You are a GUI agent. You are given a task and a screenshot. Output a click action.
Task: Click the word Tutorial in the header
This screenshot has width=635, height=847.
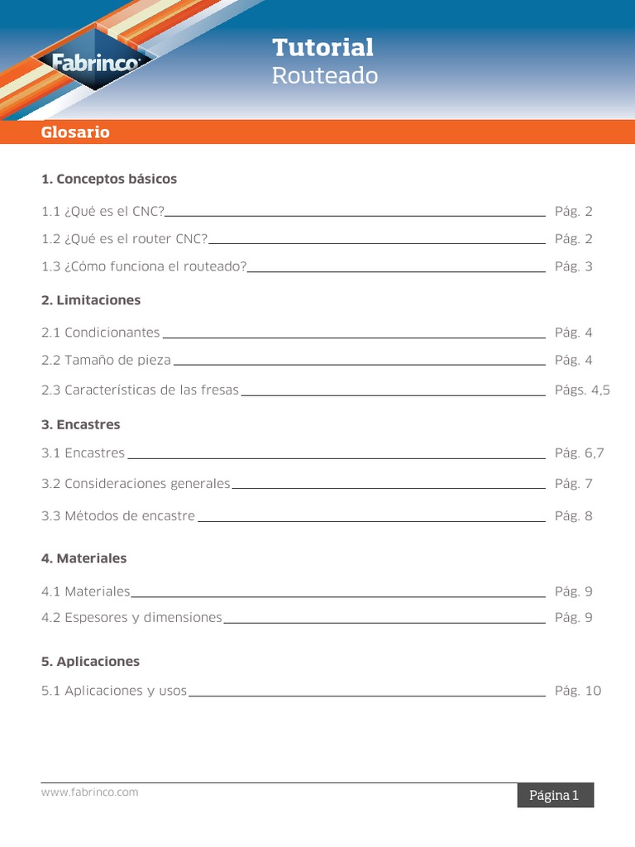tap(322, 47)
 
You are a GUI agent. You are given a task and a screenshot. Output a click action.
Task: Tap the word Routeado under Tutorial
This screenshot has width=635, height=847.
tap(325, 76)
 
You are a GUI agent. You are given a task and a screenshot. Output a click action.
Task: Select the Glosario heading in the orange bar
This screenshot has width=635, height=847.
tap(75, 132)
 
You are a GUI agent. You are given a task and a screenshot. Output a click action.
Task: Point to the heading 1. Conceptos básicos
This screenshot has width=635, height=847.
tap(109, 179)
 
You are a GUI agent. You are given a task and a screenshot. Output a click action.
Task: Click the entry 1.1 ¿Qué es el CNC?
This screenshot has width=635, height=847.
tap(103, 212)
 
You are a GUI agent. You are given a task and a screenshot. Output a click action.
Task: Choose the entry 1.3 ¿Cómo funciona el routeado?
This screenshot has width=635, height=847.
tap(144, 266)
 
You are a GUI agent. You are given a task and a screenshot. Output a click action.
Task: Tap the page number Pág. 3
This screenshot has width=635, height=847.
tap(574, 266)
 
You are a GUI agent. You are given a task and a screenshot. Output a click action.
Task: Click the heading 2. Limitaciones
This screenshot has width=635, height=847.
tap(91, 300)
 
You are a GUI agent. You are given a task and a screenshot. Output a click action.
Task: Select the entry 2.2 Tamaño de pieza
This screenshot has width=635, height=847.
tap(107, 361)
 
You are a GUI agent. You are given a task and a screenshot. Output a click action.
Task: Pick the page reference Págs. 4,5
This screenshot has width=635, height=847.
tap(582, 390)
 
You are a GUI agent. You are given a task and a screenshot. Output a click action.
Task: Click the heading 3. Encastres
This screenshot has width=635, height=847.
tap(81, 424)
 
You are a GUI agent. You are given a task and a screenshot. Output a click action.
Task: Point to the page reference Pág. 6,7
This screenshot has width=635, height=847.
tap(580, 453)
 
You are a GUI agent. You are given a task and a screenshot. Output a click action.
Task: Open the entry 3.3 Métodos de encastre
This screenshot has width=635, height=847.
tap(118, 516)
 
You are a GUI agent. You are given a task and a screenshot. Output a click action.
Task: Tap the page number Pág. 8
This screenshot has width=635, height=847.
tap(574, 516)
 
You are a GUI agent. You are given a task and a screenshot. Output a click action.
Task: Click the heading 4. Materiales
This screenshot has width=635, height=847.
tap(84, 558)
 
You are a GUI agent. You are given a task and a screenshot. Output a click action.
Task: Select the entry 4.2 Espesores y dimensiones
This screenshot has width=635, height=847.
tap(131, 618)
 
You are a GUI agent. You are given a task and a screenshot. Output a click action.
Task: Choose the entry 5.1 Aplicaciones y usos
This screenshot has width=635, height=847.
tap(114, 691)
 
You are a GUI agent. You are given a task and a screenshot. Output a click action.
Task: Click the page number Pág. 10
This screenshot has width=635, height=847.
tap(578, 691)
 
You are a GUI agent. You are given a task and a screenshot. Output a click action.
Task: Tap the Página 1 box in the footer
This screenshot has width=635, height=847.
tap(553, 796)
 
